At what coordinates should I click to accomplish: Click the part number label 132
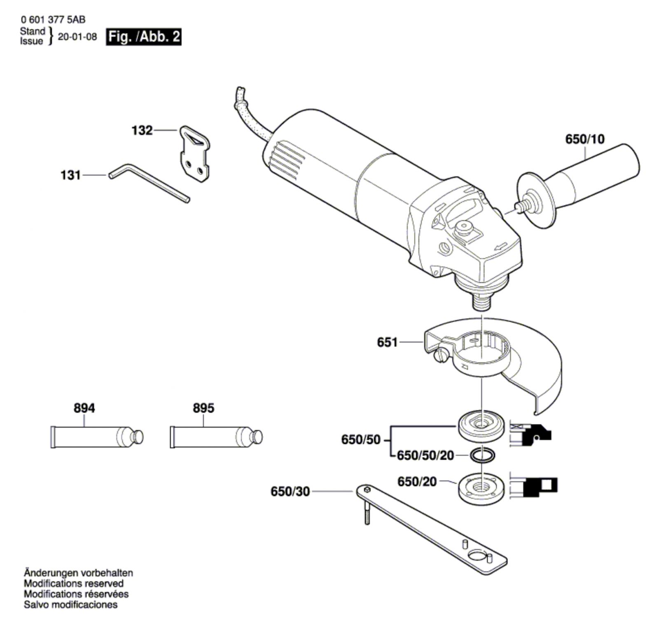[142, 131]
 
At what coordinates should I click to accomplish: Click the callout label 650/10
[585, 139]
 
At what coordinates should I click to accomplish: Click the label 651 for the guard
[388, 342]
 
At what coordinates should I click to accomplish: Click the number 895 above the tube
[203, 408]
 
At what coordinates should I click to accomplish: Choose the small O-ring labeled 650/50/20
[481, 455]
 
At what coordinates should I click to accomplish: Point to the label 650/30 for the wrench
[290, 492]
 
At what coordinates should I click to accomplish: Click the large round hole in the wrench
[477, 555]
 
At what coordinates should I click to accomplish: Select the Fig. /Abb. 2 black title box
[144, 37]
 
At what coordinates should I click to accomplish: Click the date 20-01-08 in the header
[77, 37]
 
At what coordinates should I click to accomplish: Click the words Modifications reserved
[74, 584]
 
